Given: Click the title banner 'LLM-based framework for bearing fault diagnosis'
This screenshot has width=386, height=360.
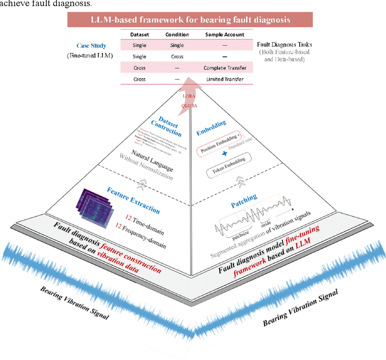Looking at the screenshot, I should (190, 19).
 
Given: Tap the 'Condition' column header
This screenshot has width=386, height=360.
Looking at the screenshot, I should (177, 34).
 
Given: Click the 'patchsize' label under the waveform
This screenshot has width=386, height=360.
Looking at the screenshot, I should (242, 237).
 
